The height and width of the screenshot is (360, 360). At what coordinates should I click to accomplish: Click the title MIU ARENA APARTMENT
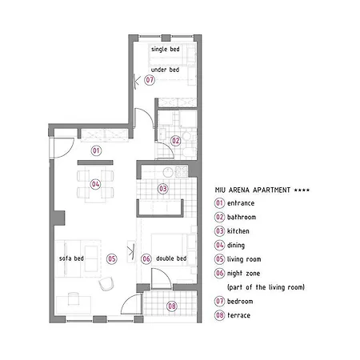253,190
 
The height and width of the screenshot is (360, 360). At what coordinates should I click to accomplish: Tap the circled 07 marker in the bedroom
150,80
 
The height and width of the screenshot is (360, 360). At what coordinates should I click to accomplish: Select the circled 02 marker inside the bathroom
176,141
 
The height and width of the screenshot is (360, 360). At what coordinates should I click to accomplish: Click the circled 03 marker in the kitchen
163,189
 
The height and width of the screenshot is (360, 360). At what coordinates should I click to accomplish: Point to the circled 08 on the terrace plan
172,306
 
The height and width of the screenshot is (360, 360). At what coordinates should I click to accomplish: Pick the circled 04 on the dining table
95,184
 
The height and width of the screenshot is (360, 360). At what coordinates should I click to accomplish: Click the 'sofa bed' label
71,258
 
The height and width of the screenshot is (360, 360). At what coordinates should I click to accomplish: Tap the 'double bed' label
171,258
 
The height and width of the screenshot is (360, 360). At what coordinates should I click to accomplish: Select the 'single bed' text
166,49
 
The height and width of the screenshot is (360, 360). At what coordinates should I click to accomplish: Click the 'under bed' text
165,70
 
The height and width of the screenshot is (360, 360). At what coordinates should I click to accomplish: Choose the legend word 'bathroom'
242,217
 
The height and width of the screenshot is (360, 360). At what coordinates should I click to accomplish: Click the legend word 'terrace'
238,315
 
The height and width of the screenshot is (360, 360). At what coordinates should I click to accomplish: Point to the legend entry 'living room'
244,259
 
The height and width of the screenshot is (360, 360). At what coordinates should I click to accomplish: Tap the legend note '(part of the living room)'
266,287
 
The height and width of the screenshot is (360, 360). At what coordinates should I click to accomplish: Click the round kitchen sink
168,172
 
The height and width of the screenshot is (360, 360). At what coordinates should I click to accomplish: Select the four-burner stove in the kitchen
182,171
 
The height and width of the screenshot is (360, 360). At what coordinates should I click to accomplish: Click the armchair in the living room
106,283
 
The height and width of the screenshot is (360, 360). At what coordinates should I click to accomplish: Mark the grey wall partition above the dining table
95,162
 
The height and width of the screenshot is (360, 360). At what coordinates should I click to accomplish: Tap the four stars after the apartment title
302,190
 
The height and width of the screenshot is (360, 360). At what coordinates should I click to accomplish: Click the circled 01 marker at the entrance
96,150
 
